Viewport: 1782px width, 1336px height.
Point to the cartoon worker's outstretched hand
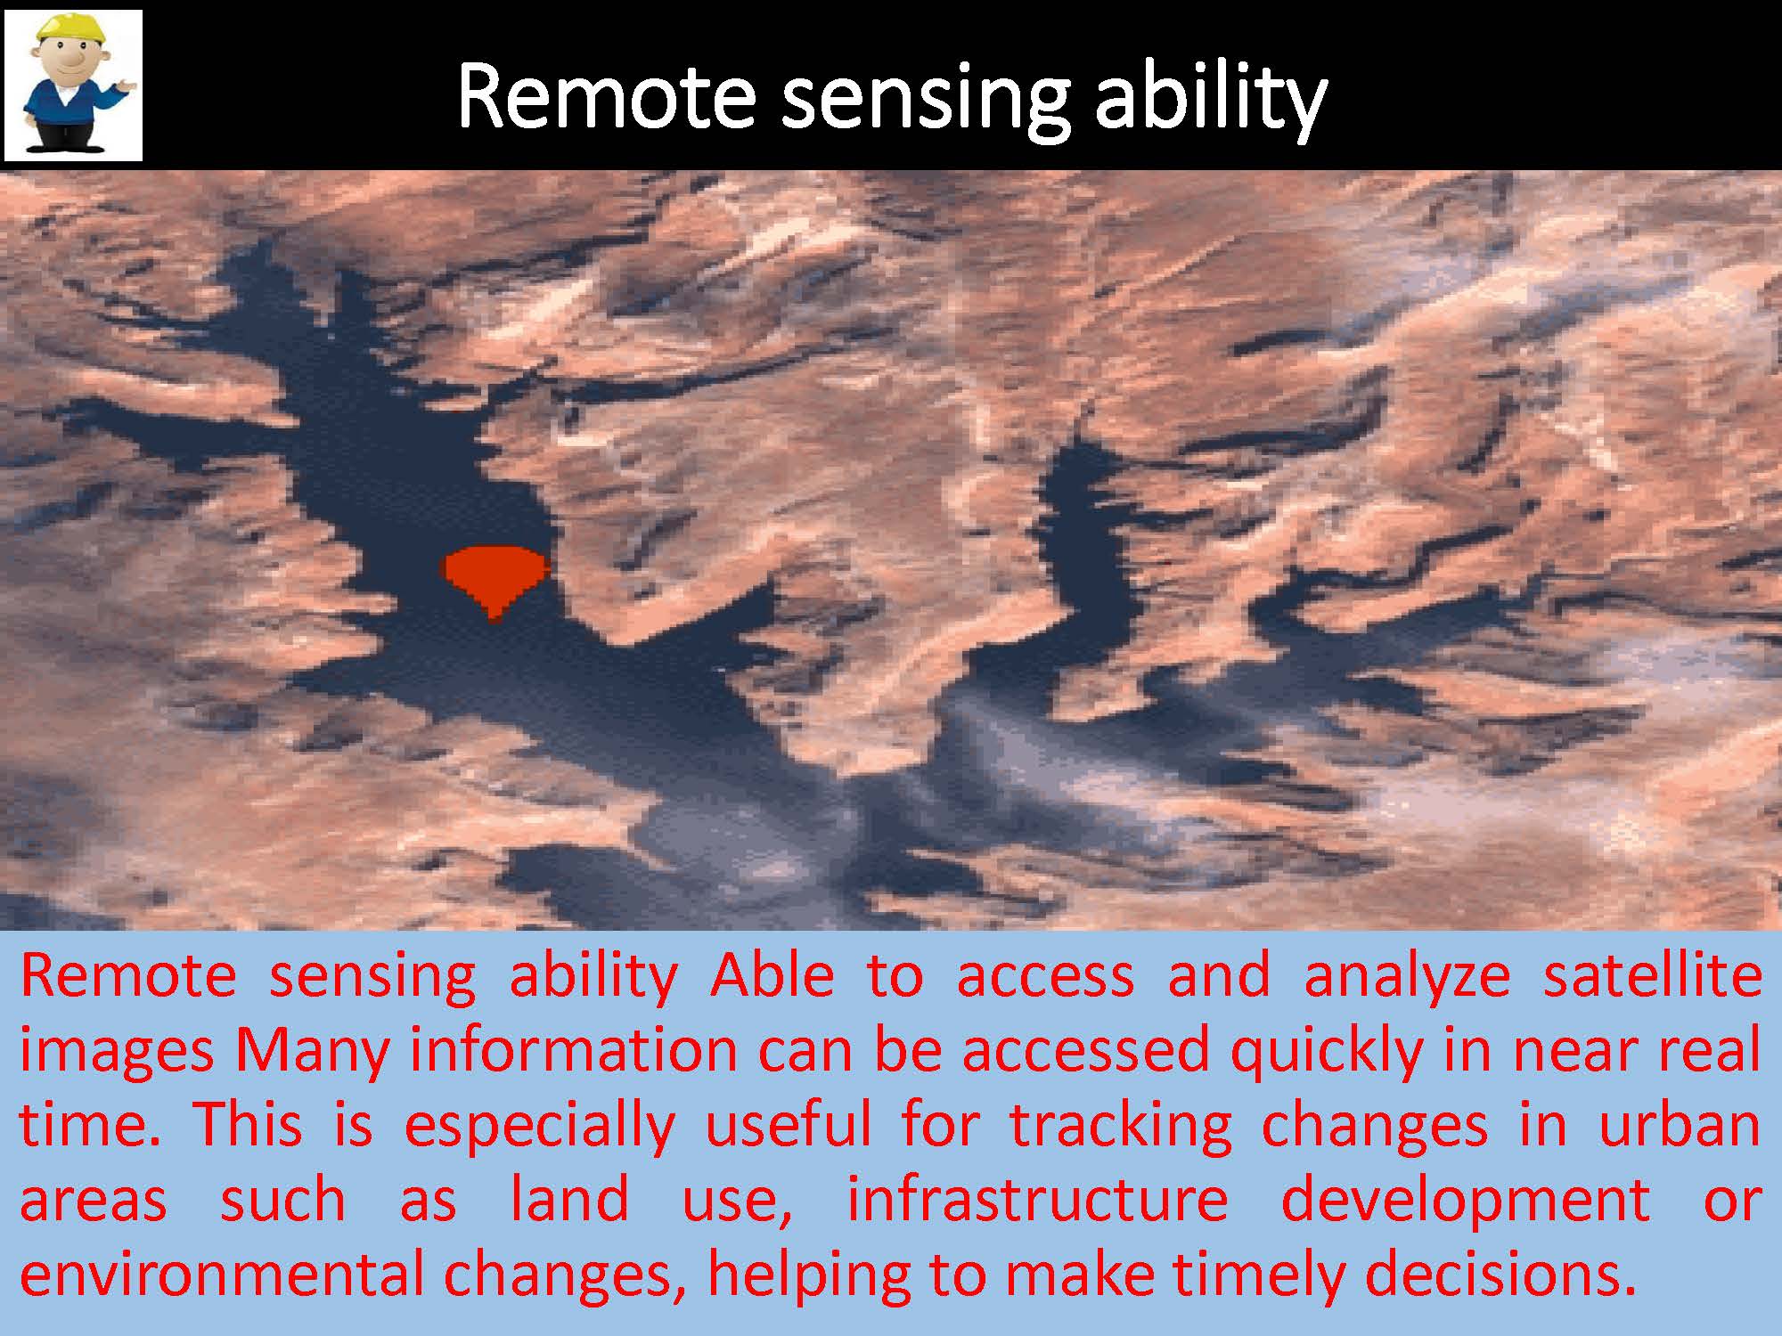pyautogui.click(x=127, y=86)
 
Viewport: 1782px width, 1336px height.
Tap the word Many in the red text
pyautogui.click(x=312, y=1052)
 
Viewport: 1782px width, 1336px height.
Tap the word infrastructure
pyautogui.click(x=1037, y=1199)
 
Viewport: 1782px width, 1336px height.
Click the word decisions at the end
pyautogui.click(x=1500, y=1275)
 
